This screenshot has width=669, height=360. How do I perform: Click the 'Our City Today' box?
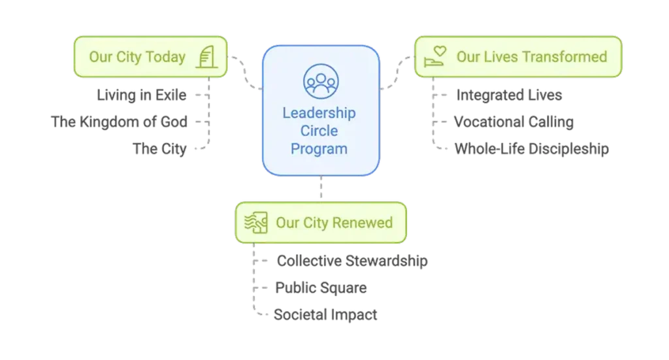150,57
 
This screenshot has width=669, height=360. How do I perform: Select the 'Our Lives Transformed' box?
518,57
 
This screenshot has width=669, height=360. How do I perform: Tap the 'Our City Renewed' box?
321,222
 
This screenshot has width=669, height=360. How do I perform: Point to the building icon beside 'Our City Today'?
205,56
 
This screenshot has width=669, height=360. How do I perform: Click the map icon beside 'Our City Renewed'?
255,222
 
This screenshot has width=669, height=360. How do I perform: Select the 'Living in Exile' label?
141,95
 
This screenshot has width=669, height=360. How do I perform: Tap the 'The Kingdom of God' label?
120,122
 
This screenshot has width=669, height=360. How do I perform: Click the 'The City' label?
160,149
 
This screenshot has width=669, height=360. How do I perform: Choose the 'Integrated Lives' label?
509,95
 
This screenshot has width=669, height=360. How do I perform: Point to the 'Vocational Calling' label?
514,122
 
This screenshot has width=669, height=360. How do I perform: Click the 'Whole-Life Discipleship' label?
532,149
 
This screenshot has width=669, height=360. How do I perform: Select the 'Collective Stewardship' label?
351,261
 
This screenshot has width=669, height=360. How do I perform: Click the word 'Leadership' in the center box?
319,112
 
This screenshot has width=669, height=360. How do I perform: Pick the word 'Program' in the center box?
319,149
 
